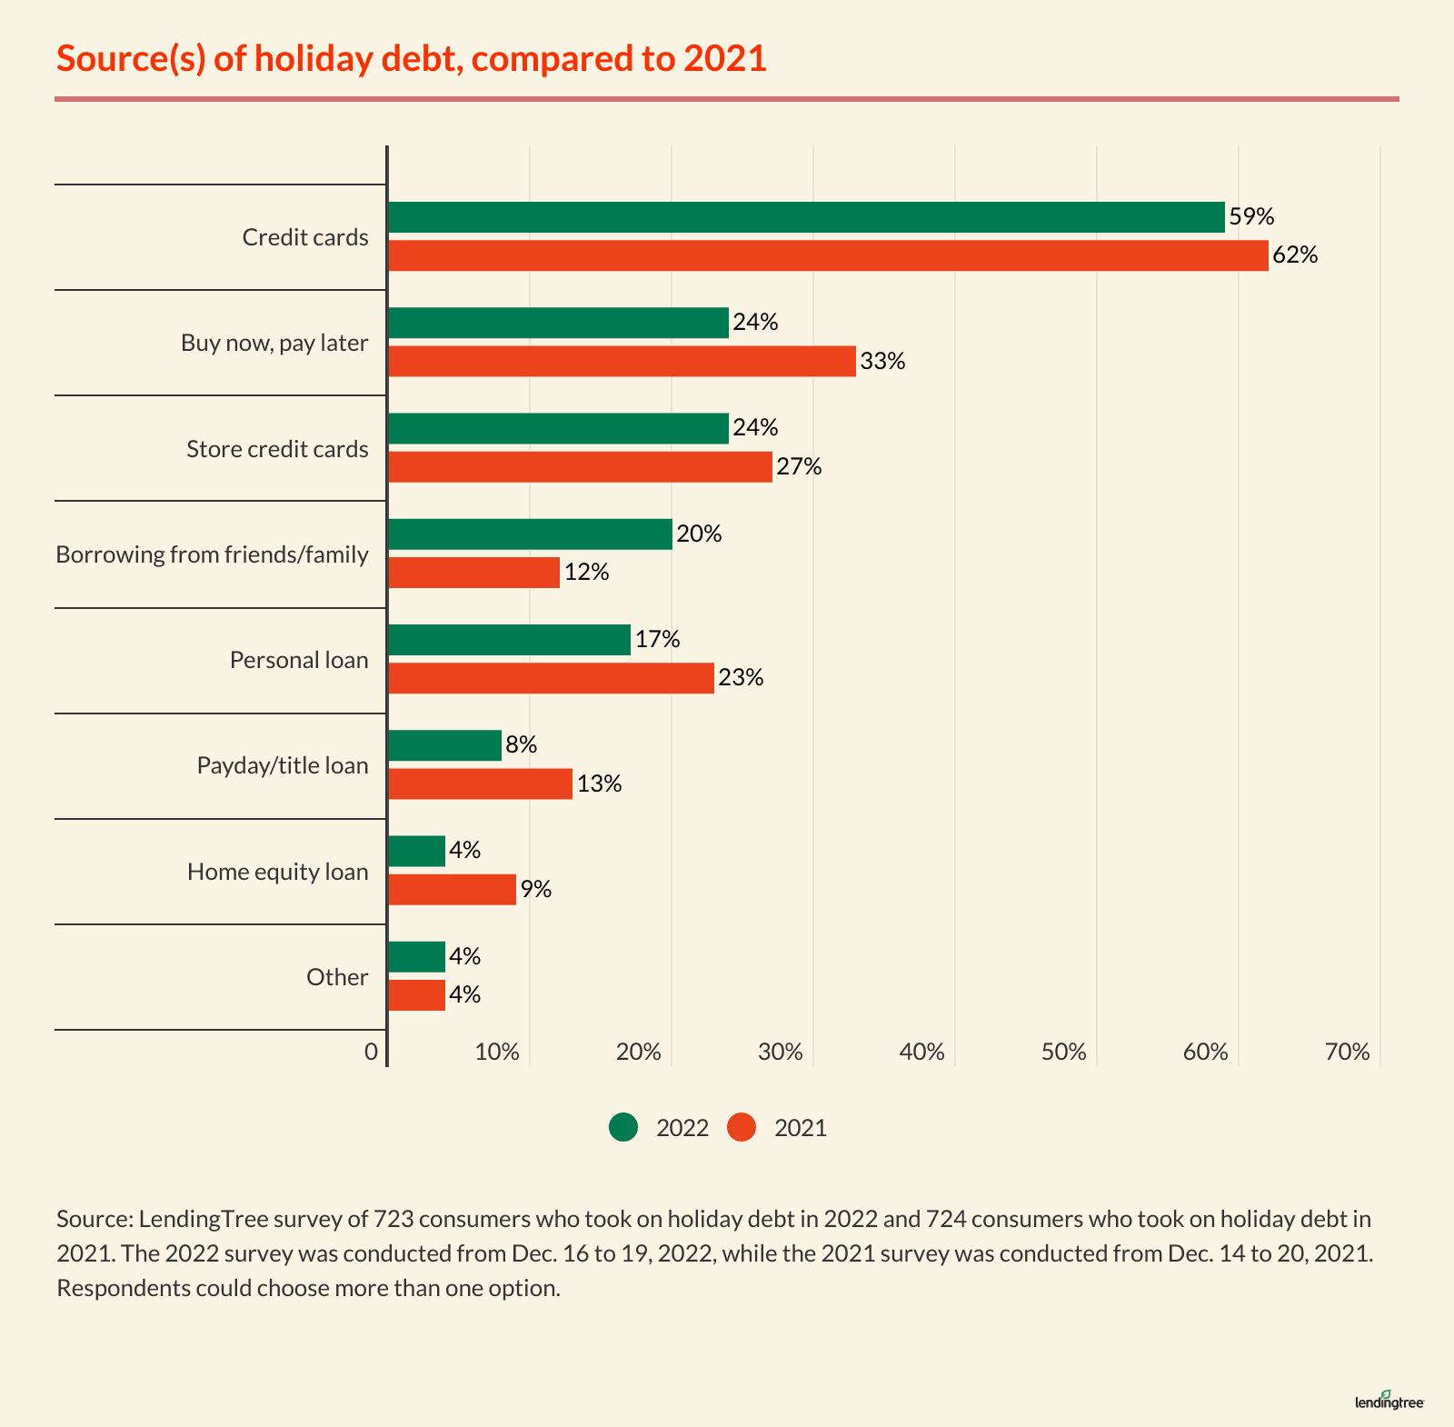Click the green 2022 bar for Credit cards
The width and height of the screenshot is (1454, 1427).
click(x=806, y=217)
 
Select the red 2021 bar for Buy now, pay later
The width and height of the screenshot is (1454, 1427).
click(x=622, y=361)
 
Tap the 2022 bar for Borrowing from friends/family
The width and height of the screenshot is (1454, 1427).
click(x=530, y=534)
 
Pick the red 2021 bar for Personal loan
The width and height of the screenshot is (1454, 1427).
click(x=551, y=678)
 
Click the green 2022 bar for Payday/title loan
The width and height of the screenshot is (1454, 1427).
click(x=444, y=745)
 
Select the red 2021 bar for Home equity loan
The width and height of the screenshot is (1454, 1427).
click(x=452, y=889)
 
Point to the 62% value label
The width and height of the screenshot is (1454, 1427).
click(x=1295, y=255)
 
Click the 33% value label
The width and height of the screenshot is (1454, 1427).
click(x=882, y=361)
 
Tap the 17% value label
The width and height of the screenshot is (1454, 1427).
click(x=657, y=640)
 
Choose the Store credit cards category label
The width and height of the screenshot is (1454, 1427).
click(x=277, y=449)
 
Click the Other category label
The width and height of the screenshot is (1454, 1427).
click(x=337, y=977)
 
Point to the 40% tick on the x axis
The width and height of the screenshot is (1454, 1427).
click(x=921, y=1053)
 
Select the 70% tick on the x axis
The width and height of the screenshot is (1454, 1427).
click(x=1347, y=1053)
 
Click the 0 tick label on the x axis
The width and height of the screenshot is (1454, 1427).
click(x=371, y=1053)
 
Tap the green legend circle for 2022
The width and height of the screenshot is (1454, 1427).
click(x=623, y=1128)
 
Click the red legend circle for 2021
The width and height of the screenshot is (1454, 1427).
click(x=742, y=1128)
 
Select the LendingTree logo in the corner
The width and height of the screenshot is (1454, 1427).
click(x=1389, y=1401)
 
